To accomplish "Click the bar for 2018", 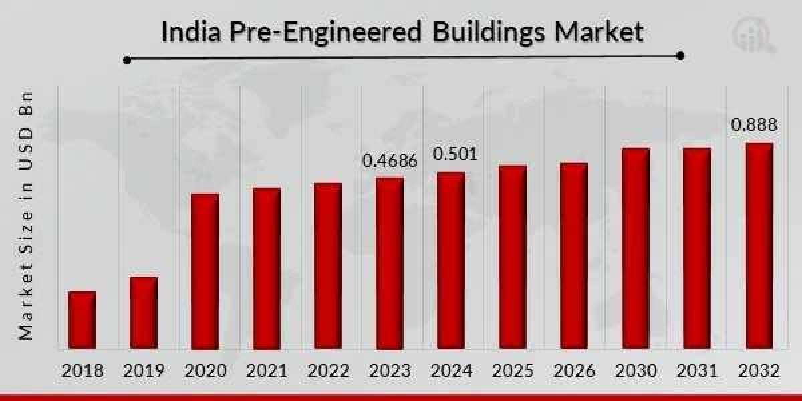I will (x=82, y=320).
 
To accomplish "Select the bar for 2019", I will (x=144, y=313).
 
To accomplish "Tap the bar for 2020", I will (x=205, y=271).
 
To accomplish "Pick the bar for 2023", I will (x=389, y=263).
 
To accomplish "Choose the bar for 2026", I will (x=573, y=256).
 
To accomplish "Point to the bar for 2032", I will (x=759, y=246).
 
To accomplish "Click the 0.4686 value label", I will (x=390, y=161).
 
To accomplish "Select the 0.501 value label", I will (x=455, y=155).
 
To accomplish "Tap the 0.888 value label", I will (x=754, y=125).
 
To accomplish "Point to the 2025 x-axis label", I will (x=513, y=370).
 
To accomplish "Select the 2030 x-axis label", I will (x=636, y=370).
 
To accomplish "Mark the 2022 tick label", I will (x=328, y=370).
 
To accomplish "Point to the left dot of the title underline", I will (x=127, y=60).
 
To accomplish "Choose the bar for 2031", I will (x=697, y=249).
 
